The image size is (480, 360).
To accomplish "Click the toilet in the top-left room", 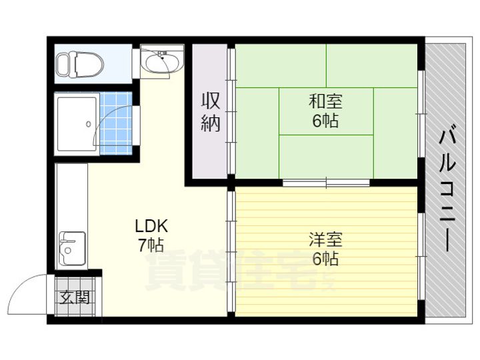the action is click(80, 64).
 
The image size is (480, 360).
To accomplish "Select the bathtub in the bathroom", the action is click(77, 124).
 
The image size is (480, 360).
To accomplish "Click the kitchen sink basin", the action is click(73, 249).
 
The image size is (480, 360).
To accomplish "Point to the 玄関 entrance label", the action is click(75, 297).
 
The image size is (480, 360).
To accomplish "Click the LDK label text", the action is click(151, 226).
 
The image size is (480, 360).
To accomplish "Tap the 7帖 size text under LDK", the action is click(151, 245).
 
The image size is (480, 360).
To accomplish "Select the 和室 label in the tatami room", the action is click(326, 101).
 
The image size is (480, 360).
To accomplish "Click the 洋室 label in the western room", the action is click(326, 240).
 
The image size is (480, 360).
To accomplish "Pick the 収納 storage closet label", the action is click(211, 112).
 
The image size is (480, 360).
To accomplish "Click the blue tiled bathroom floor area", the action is click(116, 123).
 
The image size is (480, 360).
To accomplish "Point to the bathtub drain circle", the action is click(89, 124).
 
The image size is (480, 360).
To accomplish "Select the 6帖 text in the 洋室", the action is click(326, 259).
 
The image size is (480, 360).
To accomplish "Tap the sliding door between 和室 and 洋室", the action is click(326, 183).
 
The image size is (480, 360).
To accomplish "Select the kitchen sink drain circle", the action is click(68, 251).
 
